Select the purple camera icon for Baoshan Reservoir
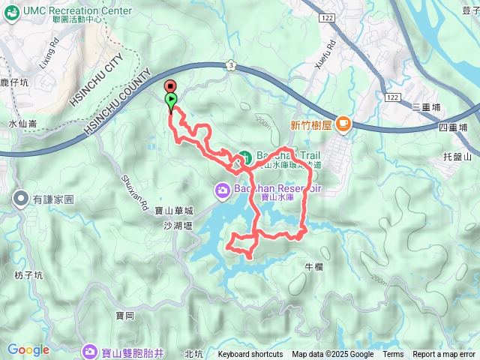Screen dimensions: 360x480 coord(223,190)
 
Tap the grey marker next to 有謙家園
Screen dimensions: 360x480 coord(20,199)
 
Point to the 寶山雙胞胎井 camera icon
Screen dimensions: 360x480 coord(90,350)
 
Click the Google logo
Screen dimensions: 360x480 coord(28,349)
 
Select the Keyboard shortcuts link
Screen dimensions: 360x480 coord(250,355)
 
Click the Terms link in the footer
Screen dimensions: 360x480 coord(393,355)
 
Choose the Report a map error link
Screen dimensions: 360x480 coord(444,355)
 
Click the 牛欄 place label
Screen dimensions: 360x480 coord(313,266)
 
